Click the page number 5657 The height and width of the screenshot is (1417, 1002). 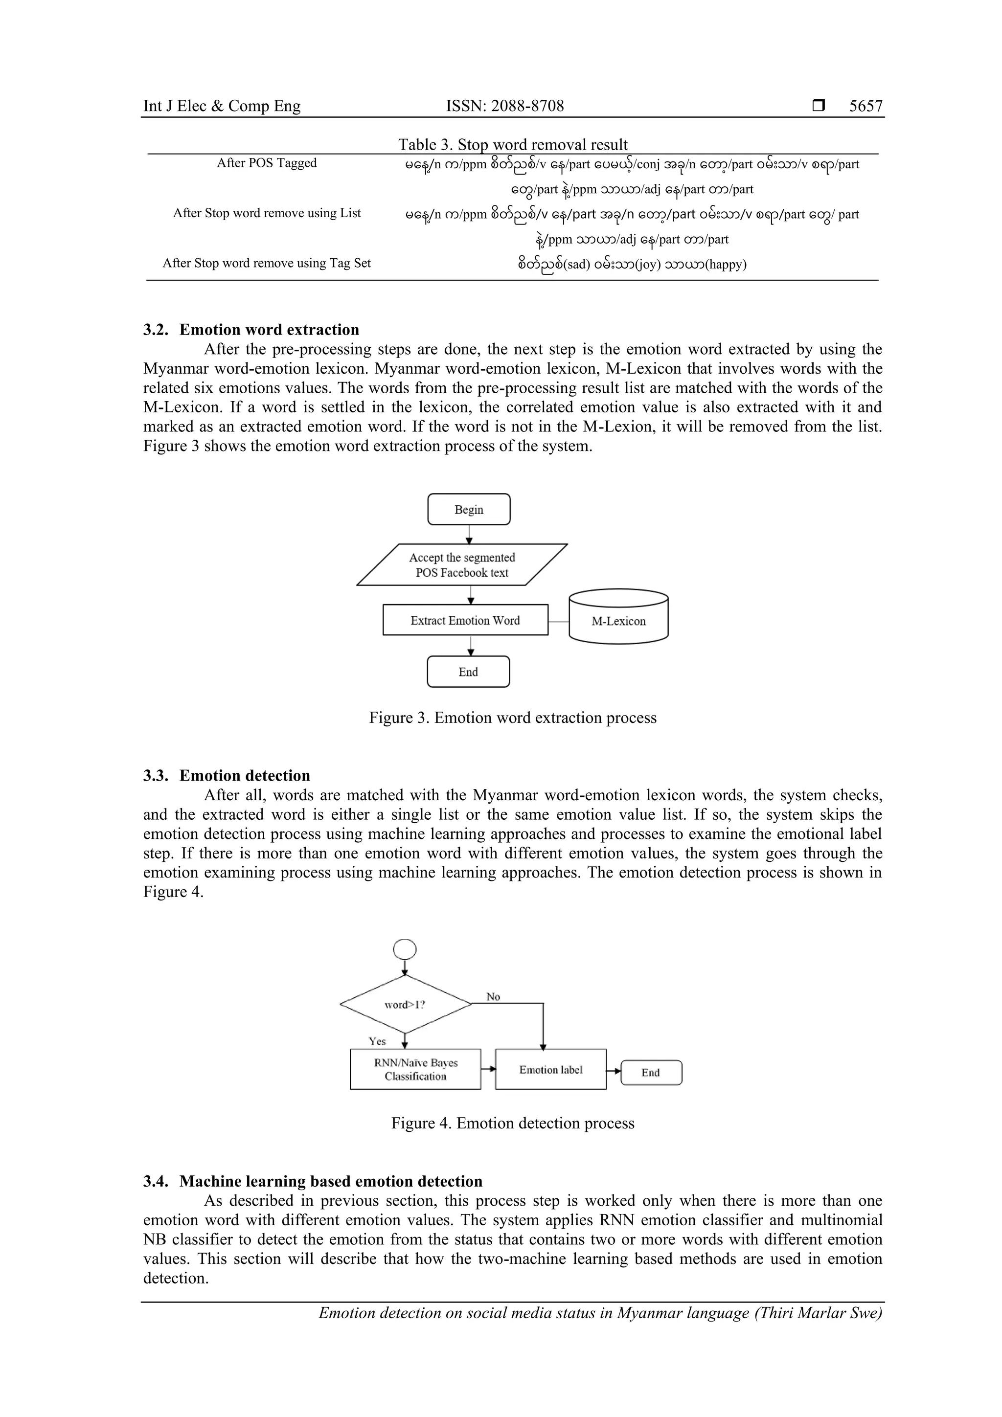[x=865, y=106]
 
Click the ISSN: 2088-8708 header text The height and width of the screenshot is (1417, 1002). [x=504, y=106]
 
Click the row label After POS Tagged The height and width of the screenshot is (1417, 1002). [x=267, y=163]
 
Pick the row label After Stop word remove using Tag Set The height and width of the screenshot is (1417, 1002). [x=267, y=263]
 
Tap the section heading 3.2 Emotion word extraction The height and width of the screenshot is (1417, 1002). [x=251, y=330]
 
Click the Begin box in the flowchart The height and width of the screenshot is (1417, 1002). [x=469, y=510]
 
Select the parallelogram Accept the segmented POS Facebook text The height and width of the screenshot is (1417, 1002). [x=462, y=565]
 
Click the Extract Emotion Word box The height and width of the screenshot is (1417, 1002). [x=465, y=620]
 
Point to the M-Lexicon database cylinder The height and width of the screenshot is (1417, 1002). [x=618, y=617]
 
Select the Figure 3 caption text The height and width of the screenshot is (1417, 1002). [x=512, y=718]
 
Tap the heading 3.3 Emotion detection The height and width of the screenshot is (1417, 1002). [x=227, y=776]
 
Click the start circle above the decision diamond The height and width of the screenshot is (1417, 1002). [x=405, y=950]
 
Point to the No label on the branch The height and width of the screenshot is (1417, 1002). [x=493, y=997]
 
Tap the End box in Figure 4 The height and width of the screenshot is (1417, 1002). [x=651, y=1073]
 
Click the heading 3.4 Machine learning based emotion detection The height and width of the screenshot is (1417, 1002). [x=313, y=1181]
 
